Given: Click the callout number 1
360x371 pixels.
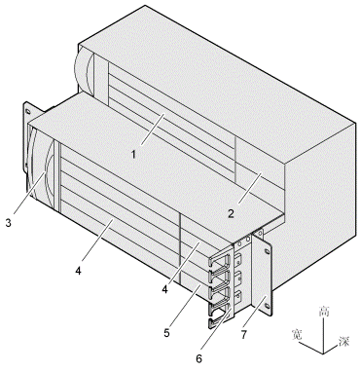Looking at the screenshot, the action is tap(133, 155).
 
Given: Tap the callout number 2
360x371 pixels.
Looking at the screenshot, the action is tap(231, 214).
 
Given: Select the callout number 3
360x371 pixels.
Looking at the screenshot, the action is tap(9, 223).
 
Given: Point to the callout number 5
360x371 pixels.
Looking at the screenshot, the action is tap(166, 333).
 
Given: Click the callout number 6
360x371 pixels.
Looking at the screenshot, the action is tap(198, 358).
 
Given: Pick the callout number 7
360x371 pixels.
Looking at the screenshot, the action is tap(244, 335).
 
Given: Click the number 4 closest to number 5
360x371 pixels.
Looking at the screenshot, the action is tap(165, 289).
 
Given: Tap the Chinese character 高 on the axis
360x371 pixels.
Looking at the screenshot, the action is tap(324, 312).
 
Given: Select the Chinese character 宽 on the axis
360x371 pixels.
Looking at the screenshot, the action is tap(298, 334).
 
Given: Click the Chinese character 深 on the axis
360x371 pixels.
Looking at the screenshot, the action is tap(343, 341).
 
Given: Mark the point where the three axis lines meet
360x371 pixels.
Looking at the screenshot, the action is tap(323, 353).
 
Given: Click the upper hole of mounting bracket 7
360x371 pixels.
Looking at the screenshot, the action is tap(267, 251).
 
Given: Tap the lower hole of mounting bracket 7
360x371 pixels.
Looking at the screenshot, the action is tap(267, 306).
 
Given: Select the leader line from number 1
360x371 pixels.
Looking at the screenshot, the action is tap(153, 130).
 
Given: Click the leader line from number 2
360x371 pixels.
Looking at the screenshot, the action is tap(249, 188).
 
